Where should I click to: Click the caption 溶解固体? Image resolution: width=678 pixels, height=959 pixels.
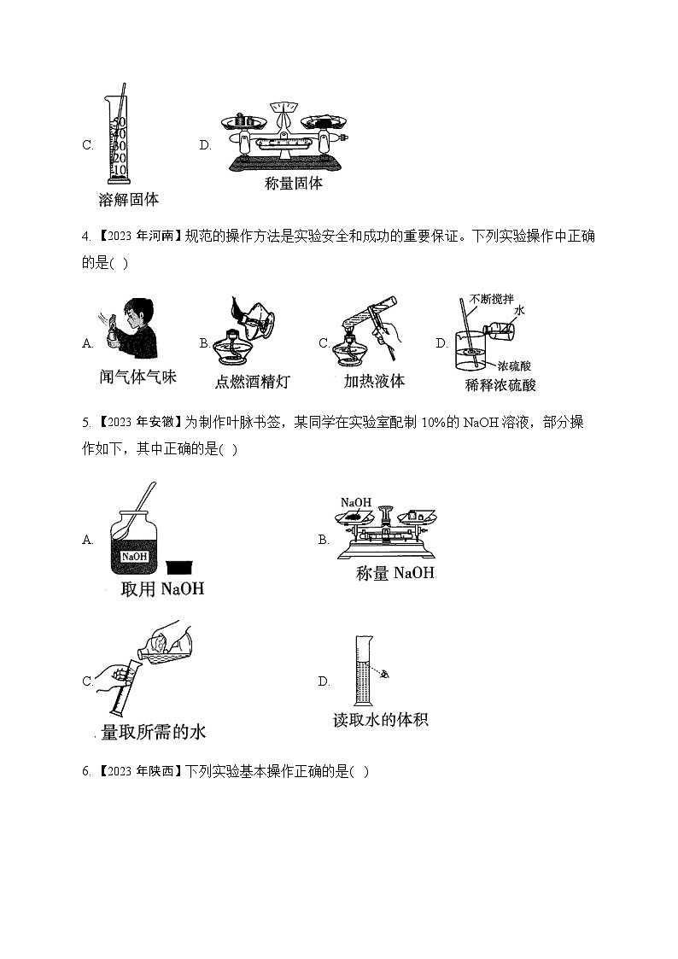(x=129, y=200)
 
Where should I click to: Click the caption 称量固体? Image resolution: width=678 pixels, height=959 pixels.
(x=294, y=183)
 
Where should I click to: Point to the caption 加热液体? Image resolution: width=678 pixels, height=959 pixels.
(x=374, y=382)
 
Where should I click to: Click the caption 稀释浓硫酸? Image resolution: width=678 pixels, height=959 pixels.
(x=500, y=384)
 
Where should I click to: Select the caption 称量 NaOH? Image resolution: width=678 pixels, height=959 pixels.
(x=395, y=573)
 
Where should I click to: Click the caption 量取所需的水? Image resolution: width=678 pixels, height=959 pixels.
(x=154, y=732)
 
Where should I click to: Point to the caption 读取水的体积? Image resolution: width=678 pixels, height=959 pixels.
(x=380, y=720)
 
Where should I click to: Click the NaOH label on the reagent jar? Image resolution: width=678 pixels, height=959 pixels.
(x=135, y=557)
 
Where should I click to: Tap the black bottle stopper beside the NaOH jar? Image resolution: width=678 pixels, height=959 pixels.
(x=178, y=565)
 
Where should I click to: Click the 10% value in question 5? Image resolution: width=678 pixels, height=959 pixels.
(x=455, y=422)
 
